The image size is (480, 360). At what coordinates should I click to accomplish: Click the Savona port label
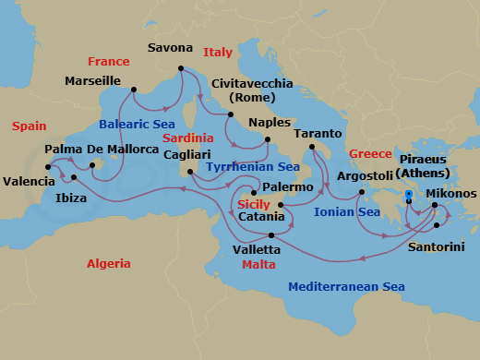(x=171, y=48)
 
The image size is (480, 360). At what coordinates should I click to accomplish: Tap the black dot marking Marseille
(x=134, y=90)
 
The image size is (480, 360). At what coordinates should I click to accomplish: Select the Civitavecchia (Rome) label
(x=252, y=91)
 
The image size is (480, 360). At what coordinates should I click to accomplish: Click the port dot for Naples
(x=267, y=139)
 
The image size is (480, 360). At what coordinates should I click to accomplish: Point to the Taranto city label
(x=318, y=134)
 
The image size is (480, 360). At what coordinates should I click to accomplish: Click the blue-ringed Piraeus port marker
(x=409, y=194)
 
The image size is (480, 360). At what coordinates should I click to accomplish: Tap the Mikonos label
(x=451, y=194)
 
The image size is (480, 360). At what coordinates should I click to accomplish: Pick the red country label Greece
(x=371, y=153)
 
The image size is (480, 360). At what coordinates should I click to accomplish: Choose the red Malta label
(x=258, y=264)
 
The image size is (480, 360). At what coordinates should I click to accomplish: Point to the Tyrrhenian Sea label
(x=252, y=167)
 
